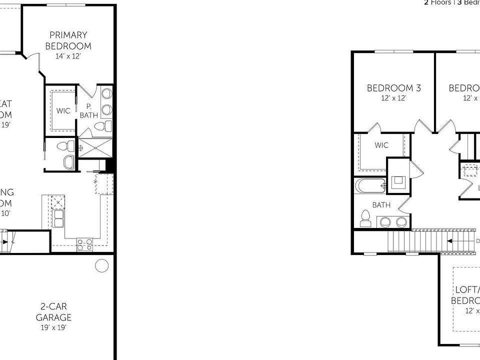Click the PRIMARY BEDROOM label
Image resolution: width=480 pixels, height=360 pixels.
pyautogui.click(x=68, y=40)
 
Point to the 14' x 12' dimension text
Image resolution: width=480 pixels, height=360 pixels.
pyautogui.click(x=68, y=56)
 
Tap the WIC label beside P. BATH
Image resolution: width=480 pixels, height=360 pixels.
pyautogui.click(x=63, y=111)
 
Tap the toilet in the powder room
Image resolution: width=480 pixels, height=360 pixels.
pyautogui.click(x=64, y=146)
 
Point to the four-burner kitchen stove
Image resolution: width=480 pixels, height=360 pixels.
pyautogui.click(x=84, y=244)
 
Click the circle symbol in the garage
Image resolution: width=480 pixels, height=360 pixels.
pyautogui.click(x=102, y=265)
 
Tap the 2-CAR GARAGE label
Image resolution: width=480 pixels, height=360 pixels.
pyautogui.click(x=53, y=312)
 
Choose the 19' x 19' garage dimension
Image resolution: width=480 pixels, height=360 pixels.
pyautogui.click(x=53, y=327)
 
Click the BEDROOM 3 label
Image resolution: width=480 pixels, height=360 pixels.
pyautogui.click(x=393, y=88)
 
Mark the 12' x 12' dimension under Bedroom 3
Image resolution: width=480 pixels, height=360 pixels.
pyautogui.click(x=393, y=98)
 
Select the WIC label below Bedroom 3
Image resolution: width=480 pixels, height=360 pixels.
pyautogui.click(x=381, y=145)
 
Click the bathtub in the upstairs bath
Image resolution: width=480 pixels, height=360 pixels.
pyautogui.click(x=370, y=186)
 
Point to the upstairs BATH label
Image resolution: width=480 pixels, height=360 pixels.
pyautogui.click(x=381, y=204)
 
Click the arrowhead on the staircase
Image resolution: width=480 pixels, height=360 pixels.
pyautogui.click(x=450, y=240)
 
